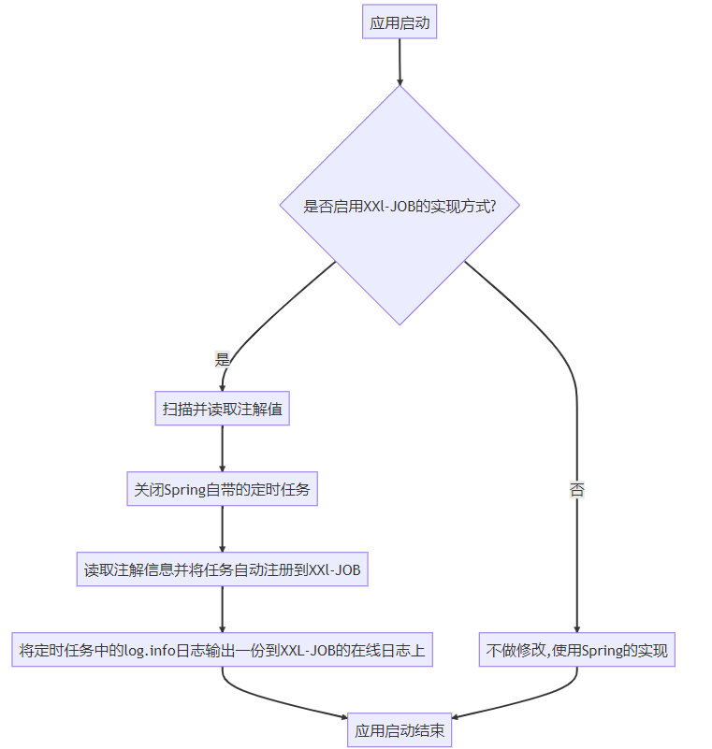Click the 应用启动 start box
400,22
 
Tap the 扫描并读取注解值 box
222,409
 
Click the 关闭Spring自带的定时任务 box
222,489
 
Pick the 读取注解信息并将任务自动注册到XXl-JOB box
222,569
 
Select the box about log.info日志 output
222,650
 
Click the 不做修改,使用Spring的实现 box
577,650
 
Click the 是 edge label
222,359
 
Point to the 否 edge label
577,489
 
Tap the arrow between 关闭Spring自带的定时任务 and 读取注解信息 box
222,528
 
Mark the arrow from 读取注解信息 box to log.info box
222,609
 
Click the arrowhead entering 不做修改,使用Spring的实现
577,628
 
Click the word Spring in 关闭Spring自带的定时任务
184,489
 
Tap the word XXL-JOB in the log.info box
308,650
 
